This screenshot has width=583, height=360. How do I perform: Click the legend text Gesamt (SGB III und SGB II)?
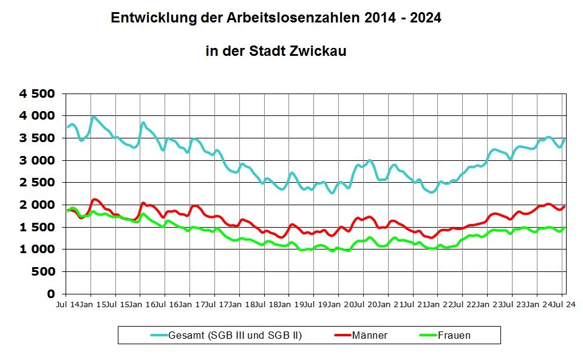click(x=235, y=335)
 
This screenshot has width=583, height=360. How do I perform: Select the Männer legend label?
click(x=369, y=335)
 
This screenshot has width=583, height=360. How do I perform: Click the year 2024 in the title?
click(x=425, y=18)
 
